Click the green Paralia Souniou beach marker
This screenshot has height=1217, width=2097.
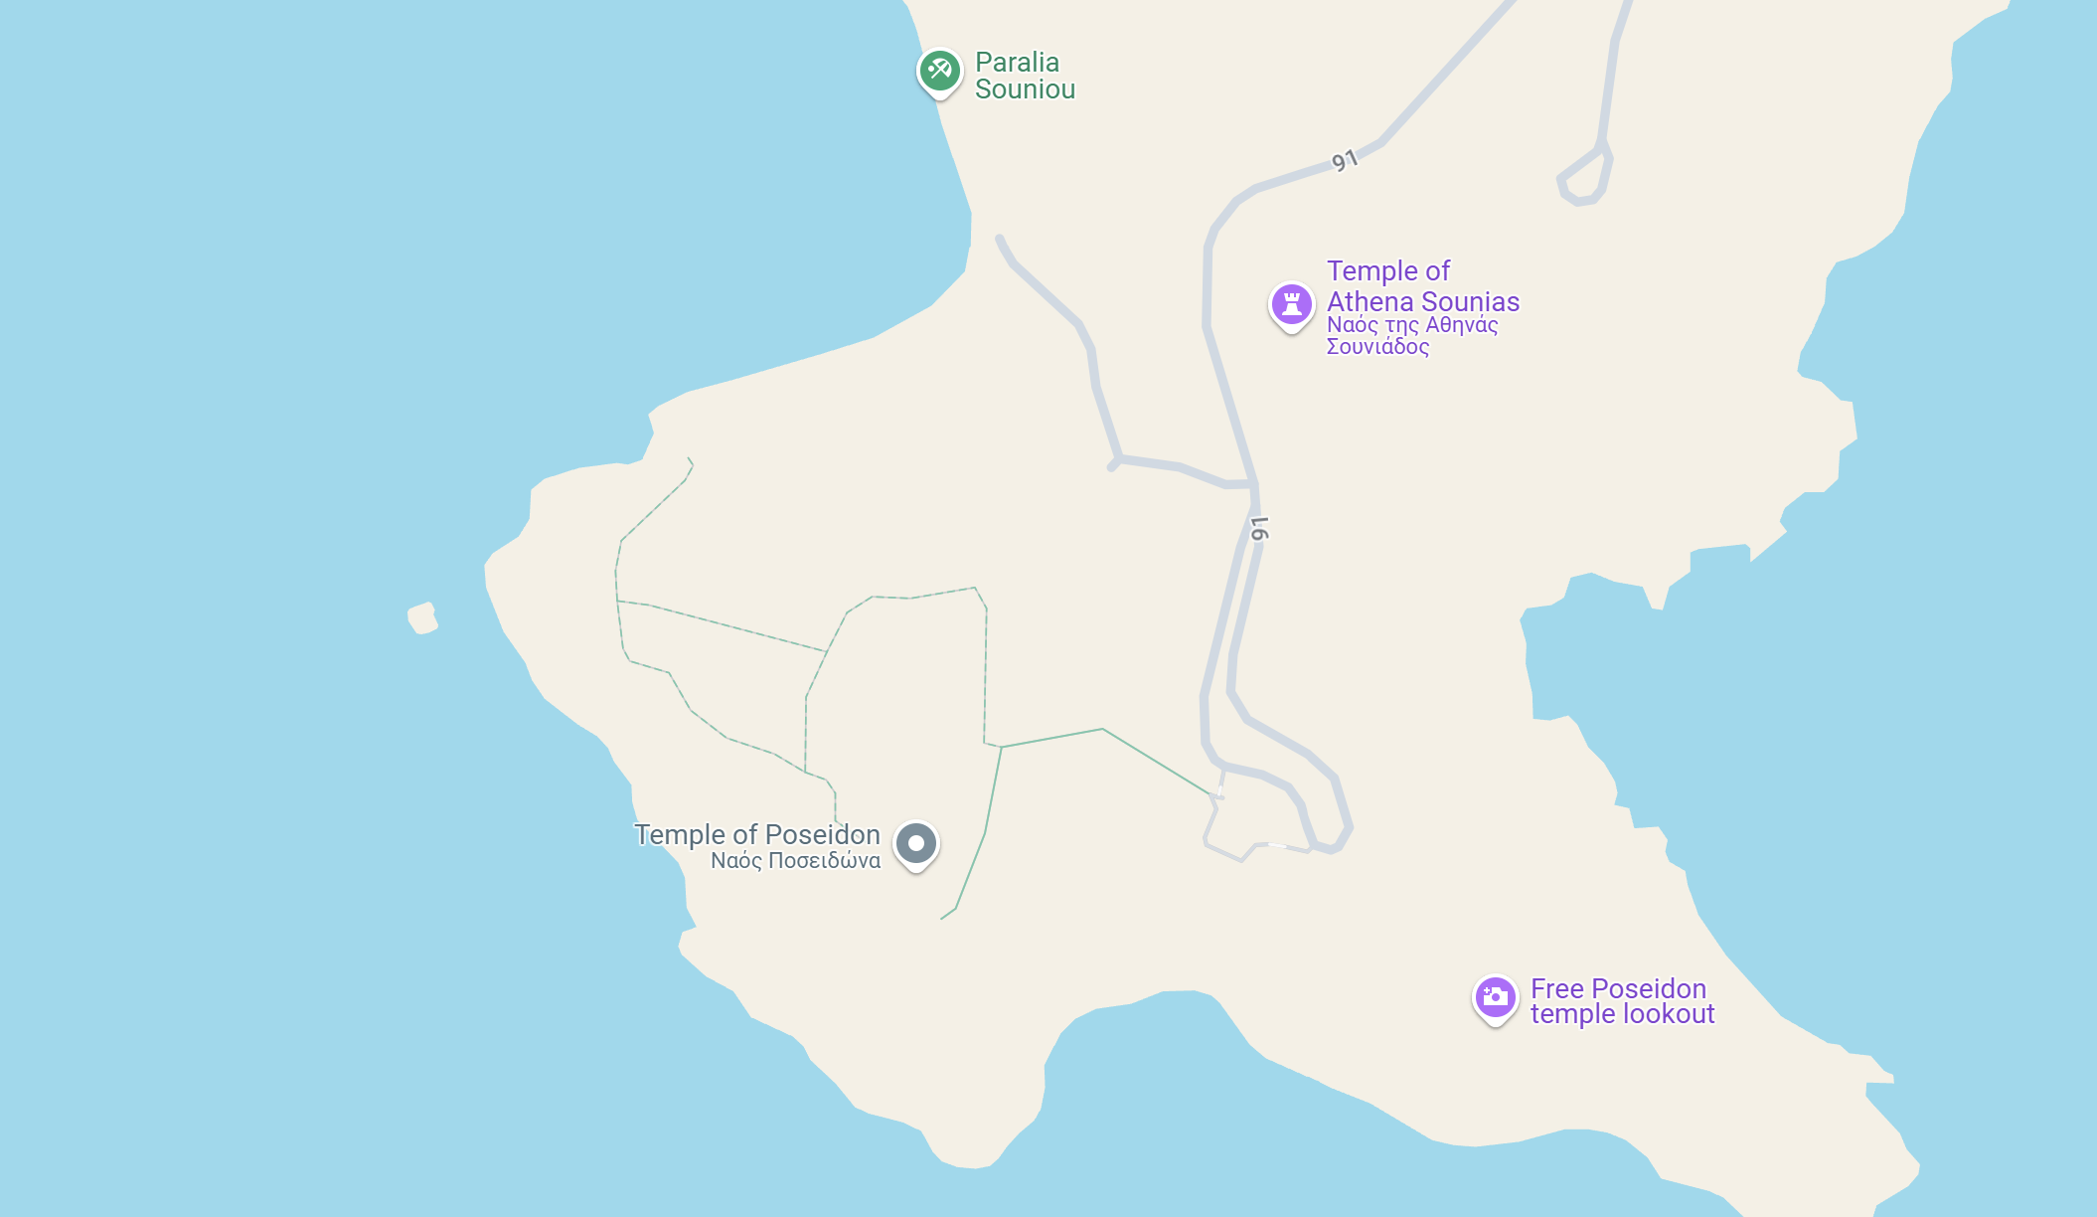click(939, 71)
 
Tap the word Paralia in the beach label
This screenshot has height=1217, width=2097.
click(1017, 62)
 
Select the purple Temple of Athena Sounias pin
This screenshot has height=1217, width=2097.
click(1291, 303)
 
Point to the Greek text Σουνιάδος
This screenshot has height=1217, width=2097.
click(1377, 347)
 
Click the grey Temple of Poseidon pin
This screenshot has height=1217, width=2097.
click(915, 843)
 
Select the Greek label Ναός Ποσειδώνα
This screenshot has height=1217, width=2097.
click(795, 861)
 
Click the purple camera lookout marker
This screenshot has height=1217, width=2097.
click(1495, 996)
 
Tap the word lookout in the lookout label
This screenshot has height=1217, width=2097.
click(1669, 1014)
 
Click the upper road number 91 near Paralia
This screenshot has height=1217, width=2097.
click(1344, 160)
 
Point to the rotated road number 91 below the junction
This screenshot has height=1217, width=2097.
click(1259, 529)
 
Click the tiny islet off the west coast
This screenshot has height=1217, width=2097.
click(422, 617)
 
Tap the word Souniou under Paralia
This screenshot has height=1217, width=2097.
click(1025, 89)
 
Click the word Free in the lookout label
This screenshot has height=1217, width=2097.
click(1556, 988)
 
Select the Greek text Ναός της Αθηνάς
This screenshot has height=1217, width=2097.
click(1411, 325)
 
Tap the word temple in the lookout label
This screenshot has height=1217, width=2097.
click(1573, 1014)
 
